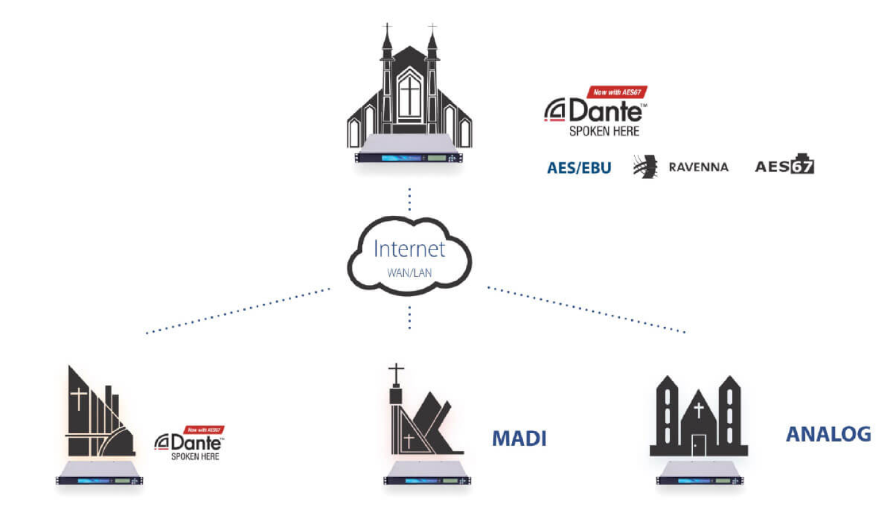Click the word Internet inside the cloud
tap(409, 249)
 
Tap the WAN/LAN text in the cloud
tap(409, 273)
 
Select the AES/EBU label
tap(579, 168)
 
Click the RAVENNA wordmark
tap(698, 167)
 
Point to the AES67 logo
tap(784, 165)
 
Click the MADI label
tap(519, 438)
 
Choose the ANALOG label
tap(828, 434)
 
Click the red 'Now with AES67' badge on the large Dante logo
tap(617, 92)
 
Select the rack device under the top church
tap(409, 156)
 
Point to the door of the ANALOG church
tap(698, 445)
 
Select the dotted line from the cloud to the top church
tap(409, 200)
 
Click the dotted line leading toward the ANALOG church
tap(586, 309)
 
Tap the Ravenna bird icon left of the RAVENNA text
tap(645, 167)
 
